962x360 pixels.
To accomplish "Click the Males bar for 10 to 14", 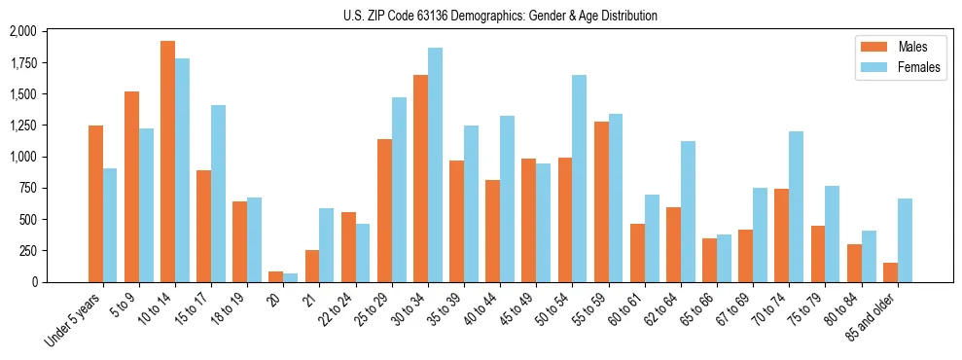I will pos(167,162).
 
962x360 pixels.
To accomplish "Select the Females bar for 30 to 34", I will pos(435,164).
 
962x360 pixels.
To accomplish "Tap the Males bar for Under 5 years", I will pos(95,203).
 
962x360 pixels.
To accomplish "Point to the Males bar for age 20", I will pos(276,277).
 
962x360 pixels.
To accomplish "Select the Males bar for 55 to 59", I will pos(600,201).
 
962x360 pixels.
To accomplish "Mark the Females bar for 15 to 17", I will pos(218,194).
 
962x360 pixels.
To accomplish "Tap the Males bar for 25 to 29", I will pos(384,210).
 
